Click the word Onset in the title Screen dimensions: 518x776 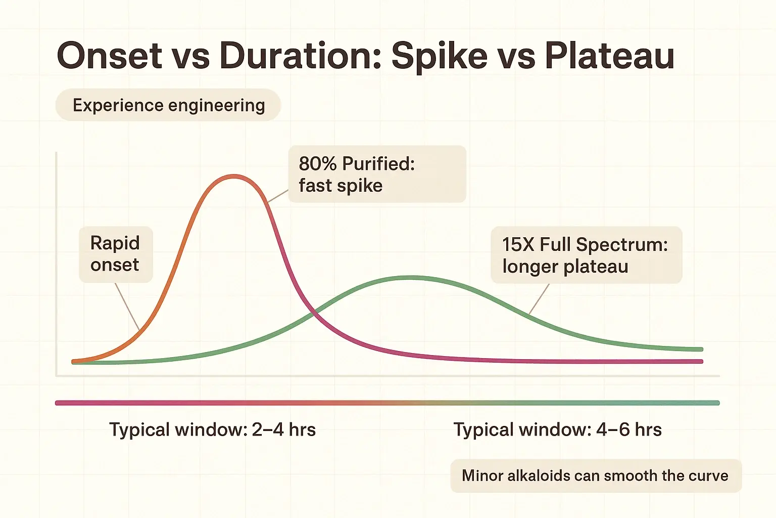[x=109, y=56]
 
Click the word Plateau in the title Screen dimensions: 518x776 [x=609, y=56]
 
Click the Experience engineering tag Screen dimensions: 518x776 [x=168, y=105]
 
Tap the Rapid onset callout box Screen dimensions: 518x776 [x=115, y=254]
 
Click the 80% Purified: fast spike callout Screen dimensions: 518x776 [x=376, y=175]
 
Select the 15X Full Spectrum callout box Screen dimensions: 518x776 [x=586, y=255]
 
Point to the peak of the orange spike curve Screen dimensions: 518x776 [x=234, y=176]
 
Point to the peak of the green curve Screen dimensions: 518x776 [x=412, y=278]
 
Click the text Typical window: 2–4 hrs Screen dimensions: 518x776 [x=213, y=430]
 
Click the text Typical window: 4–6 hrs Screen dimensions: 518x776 [x=557, y=430]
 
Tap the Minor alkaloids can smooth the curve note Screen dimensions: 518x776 [x=595, y=476]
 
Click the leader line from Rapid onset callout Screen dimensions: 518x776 [x=127, y=307]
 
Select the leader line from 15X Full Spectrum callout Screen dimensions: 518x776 [x=539, y=299]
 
